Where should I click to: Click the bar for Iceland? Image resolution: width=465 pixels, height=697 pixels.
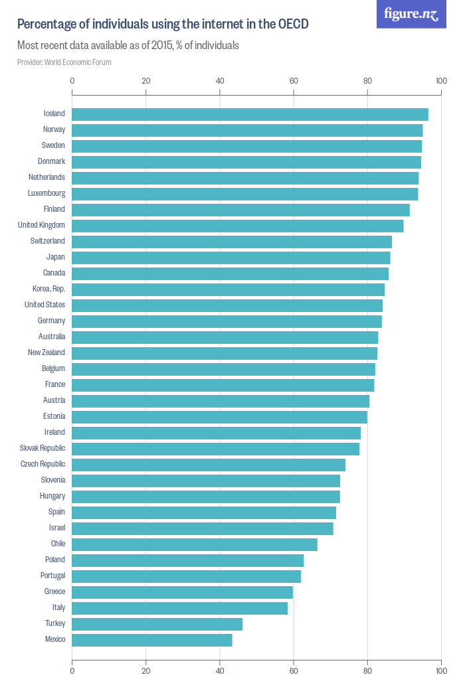coord(250,114)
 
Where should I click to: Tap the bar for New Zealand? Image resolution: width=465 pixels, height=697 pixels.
coord(225,353)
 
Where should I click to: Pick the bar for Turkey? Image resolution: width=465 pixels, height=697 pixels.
coord(157,624)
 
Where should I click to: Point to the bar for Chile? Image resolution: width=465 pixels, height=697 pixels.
coord(195,544)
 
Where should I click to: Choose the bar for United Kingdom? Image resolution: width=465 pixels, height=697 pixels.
coord(238,226)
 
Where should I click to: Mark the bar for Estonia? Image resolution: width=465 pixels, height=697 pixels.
coord(219,417)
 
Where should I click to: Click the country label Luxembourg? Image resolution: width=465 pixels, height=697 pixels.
coord(46,193)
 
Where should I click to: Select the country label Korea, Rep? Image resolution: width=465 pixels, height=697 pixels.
coord(48,289)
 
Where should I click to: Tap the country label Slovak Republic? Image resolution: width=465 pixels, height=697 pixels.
coord(43,448)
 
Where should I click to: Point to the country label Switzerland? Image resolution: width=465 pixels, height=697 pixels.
coord(48,241)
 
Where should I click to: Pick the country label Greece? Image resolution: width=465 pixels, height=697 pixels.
coord(54,591)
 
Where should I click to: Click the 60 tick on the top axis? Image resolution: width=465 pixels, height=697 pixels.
coord(294,81)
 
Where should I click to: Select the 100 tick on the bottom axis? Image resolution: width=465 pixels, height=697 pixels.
coord(440,670)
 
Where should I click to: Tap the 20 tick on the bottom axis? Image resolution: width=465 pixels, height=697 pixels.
coord(146,670)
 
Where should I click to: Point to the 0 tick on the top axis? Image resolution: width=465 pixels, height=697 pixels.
coord(72,81)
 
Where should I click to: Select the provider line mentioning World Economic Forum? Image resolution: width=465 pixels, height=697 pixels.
coord(64,62)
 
